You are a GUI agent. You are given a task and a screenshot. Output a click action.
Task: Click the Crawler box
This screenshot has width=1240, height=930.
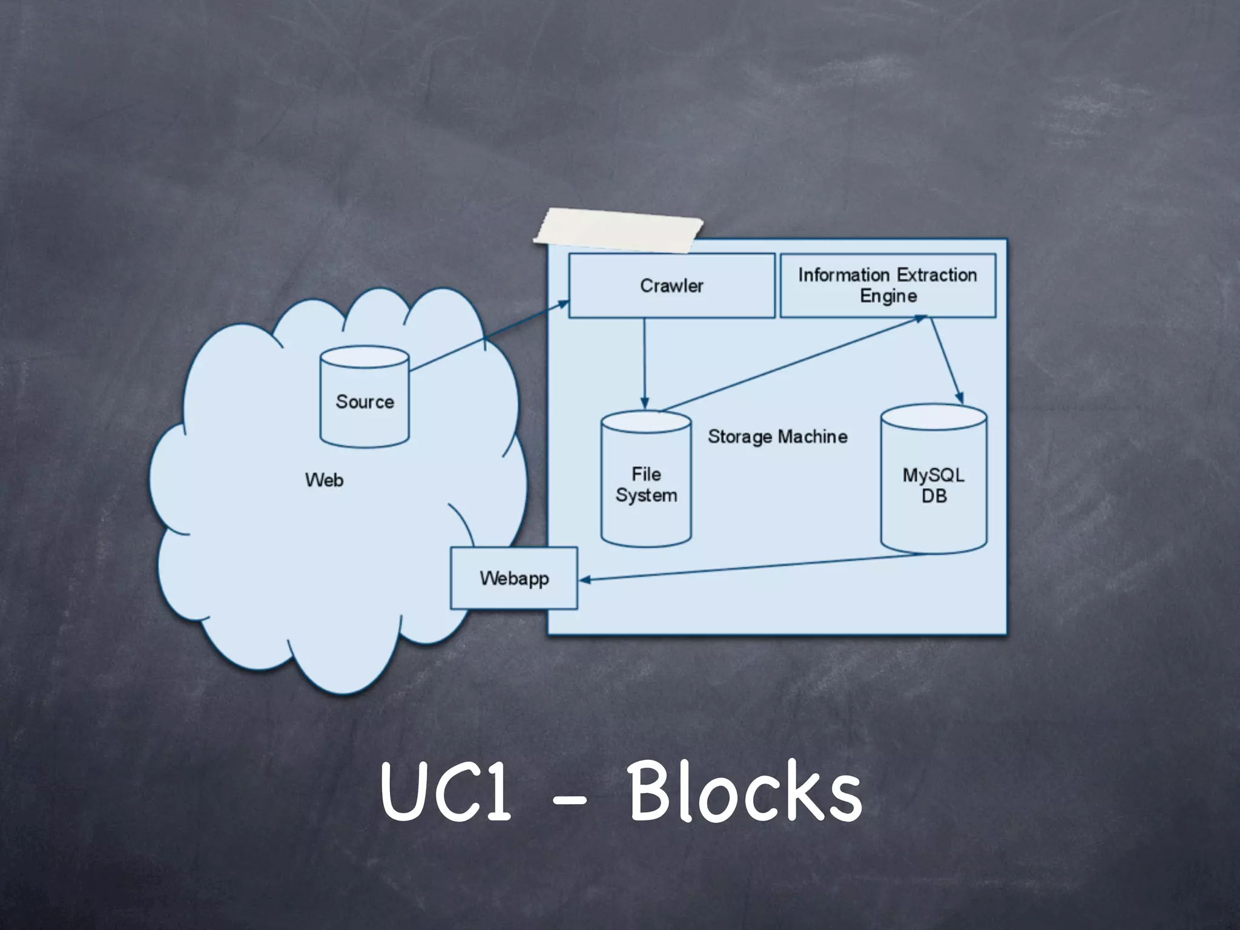[x=671, y=286]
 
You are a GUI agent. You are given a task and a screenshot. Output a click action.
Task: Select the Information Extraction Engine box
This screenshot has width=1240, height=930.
[x=888, y=285]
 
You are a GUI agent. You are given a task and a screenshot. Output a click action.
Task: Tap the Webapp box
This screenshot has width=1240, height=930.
[x=513, y=578]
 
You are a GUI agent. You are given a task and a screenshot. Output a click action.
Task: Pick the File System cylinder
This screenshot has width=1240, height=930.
[x=646, y=484]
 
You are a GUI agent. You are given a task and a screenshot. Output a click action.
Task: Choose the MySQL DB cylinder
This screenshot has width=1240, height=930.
[x=933, y=484]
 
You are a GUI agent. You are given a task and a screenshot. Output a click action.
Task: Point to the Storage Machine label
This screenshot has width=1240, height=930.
[x=777, y=437]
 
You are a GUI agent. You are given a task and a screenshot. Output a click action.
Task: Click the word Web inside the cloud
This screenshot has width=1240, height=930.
[x=325, y=480]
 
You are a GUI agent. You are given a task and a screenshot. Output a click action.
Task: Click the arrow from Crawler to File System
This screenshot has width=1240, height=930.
[x=644, y=363]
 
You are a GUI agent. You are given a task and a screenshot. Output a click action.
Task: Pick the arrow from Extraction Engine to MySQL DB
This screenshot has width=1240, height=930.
[x=946, y=360]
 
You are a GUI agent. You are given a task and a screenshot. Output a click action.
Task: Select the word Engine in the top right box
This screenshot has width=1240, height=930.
[x=888, y=296]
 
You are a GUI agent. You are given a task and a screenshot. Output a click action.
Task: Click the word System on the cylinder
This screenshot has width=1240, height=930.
[x=646, y=495]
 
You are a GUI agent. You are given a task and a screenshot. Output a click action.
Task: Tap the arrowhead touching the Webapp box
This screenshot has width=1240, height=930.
[x=584, y=580]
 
